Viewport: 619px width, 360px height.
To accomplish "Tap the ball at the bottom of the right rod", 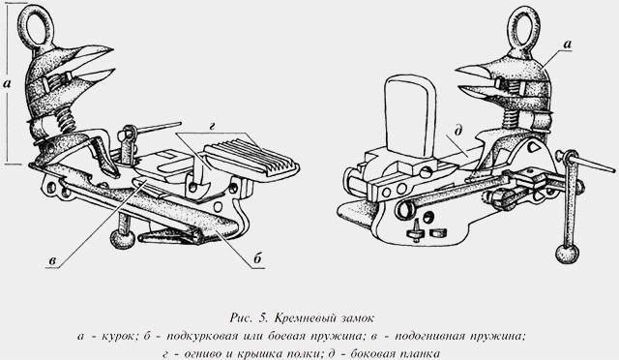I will pyautogui.click(x=562, y=254).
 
